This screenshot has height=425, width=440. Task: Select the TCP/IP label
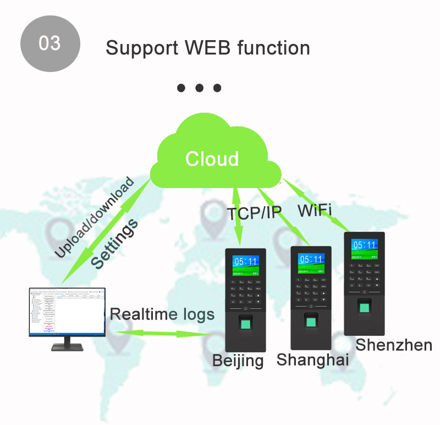point(254,213)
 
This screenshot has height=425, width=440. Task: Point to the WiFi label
point(315,211)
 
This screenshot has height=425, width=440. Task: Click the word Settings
point(114,242)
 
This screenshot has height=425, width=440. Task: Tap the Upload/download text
point(94,218)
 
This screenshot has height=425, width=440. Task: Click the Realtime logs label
point(162,314)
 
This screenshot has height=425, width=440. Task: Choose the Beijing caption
point(238,361)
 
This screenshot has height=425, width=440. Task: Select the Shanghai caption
point(312,360)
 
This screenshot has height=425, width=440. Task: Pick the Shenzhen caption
point(393,345)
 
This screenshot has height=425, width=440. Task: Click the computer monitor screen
point(66,312)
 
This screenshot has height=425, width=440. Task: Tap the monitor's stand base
point(67,347)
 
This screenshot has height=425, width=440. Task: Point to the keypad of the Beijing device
point(246,292)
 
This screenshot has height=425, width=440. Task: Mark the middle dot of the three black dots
point(199,88)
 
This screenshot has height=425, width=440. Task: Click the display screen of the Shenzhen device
point(364,248)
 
